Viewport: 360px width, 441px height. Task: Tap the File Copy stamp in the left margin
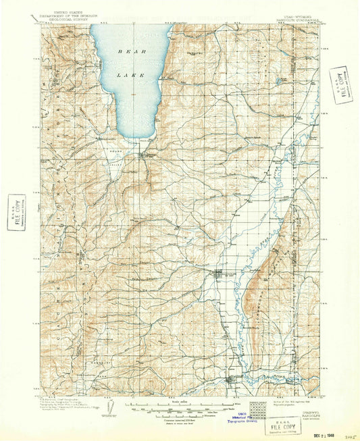click(16, 211)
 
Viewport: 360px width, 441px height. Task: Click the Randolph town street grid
click(220, 274)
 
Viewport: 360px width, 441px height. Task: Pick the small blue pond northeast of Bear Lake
click(278, 82)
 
